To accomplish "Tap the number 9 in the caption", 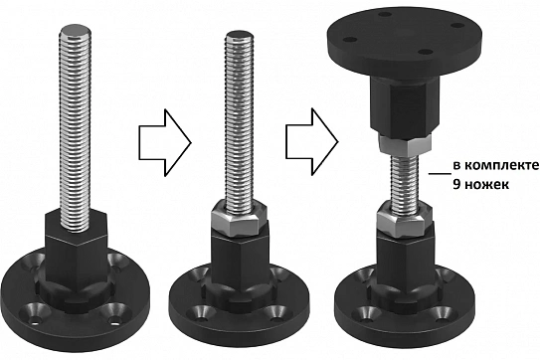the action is pyautogui.click(x=456, y=184).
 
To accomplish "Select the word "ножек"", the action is pyautogui.click(x=486, y=185).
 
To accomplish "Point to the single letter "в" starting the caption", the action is pyautogui.click(x=456, y=166).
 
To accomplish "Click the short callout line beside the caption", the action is pyautogui.click(x=440, y=174).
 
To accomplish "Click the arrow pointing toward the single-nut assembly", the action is pyautogui.click(x=165, y=142).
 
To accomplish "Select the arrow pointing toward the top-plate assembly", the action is pyautogui.click(x=311, y=141).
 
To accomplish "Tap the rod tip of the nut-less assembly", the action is pyautogui.click(x=76, y=30).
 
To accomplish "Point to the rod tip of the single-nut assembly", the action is pyautogui.click(x=240, y=36).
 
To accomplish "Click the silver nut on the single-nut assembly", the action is pyautogui.click(x=240, y=219).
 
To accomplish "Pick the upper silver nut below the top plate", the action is pyautogui.click(x=404, y=144).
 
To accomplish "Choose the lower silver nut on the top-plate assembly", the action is pyautogui.click(x=404, y=220).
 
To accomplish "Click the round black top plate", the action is pyautogui.click(x=404, y=41).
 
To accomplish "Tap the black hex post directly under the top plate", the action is pyautogui.click(x=404, y=105).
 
